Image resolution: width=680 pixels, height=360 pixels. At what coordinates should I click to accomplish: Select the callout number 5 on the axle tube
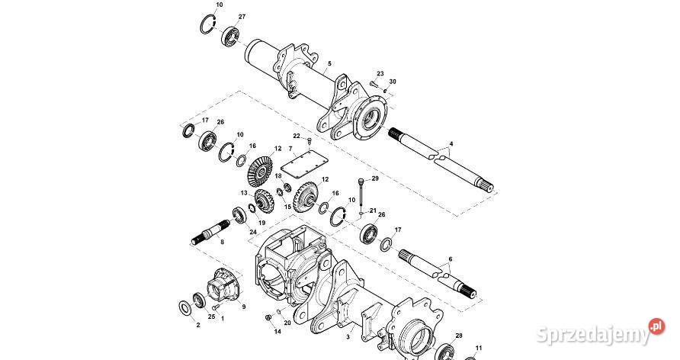(329, 64)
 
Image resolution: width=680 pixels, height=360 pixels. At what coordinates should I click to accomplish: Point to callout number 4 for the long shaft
(451, 143)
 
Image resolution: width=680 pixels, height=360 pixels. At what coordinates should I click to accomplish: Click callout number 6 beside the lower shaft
(451, 260)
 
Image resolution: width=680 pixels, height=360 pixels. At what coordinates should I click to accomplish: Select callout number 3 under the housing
(348, 336)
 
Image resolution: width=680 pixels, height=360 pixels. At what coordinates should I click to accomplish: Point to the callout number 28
(459, 336)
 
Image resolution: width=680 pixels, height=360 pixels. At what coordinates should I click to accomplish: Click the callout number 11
(478, 349)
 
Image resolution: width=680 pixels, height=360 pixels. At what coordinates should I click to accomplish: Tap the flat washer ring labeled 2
(185, 307)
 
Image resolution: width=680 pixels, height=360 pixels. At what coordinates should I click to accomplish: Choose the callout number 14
(277, 332)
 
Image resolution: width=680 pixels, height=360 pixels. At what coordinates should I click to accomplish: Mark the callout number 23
(380, 73)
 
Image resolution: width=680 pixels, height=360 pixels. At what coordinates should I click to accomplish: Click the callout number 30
(393, 81)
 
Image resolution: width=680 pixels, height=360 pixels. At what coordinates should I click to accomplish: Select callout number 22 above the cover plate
(297, 136)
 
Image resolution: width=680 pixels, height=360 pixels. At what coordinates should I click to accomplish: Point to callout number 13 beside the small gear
(245, 194)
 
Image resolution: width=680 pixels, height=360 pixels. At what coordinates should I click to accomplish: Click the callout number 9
(243, 307)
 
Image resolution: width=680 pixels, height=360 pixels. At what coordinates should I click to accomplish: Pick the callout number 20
(287, 323)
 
